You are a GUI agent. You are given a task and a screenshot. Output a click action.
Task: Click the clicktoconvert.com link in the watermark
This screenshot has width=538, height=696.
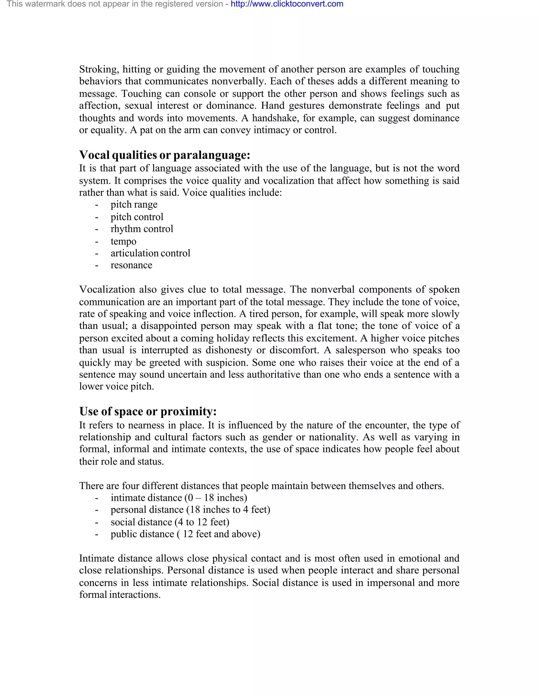[x=287, y=4]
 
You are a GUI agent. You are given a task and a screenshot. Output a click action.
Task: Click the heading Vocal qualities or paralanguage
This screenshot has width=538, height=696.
[x=164, y=155]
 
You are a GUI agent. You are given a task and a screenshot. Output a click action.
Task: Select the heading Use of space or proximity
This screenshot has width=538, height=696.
[x=148, y=411]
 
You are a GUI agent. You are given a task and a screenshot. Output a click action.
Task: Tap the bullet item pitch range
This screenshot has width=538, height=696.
[x=134, y=204]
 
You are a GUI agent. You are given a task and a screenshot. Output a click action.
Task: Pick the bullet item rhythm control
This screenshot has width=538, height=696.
[x=142, y=229]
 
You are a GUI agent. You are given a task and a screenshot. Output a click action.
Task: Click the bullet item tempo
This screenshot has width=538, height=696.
[x=123, y=241]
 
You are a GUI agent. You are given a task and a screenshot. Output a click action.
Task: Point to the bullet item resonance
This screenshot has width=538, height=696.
[x=131, y=265]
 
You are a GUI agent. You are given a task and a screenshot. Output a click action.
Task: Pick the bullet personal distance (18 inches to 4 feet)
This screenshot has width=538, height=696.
[x=190, y=510]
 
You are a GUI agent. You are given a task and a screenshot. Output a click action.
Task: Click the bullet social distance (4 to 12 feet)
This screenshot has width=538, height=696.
[x=170, y=522]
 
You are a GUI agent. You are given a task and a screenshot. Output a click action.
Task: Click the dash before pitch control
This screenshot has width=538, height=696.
[x=96, y=217]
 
